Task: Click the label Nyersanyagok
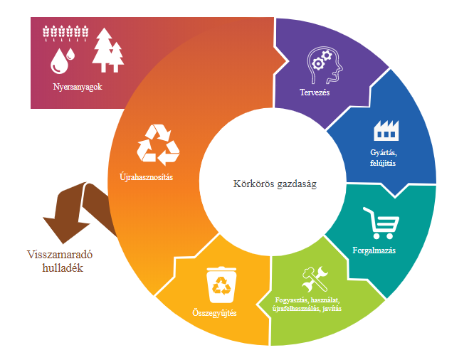[78, 87]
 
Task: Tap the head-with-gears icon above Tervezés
[324, 65]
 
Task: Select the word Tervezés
[315, 92]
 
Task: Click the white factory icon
[386, 131]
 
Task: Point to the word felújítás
[383, 163]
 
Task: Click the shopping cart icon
[381, 223]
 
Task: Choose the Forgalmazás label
[374, 250]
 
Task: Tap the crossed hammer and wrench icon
[315, 280]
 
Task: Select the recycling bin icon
[221, 285]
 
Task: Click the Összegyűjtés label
[214, 313]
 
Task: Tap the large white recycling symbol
[158, 145]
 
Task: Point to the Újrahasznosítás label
[147, 176]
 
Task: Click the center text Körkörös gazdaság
[275, 184]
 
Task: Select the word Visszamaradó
[60, 255]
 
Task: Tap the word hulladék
[63, 268]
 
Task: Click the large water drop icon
[59, 62]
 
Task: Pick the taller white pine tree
[104, 50]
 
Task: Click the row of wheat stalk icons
[65, 33]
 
